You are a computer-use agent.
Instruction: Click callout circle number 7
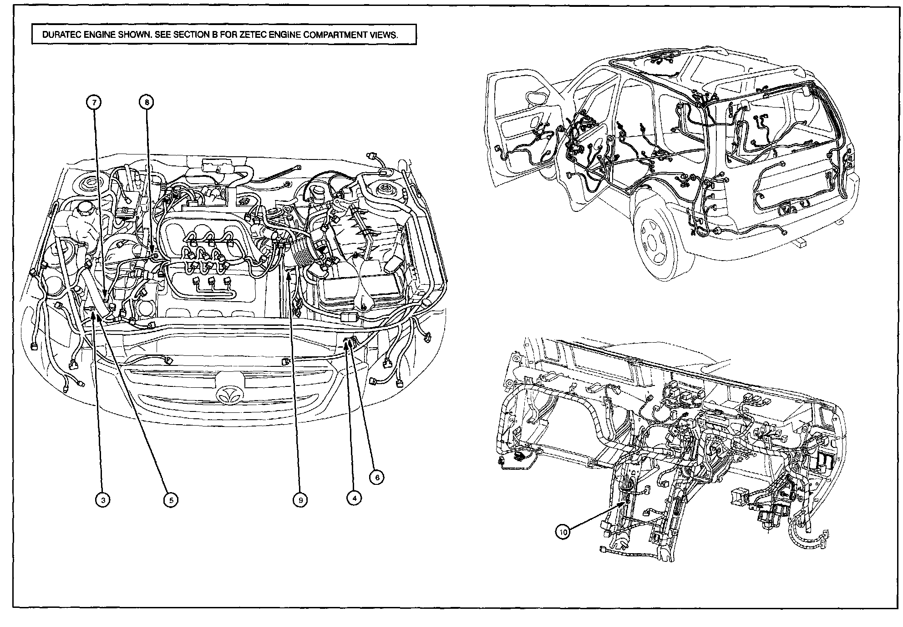[94, 103]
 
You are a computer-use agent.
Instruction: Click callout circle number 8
[147, 103]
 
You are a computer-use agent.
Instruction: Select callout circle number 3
[103, 500]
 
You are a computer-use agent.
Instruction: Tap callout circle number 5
[171, 500]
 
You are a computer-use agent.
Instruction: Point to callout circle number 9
[300, 500]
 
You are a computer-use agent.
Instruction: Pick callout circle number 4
[354, 498]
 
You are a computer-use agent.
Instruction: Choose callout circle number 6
[376, 477]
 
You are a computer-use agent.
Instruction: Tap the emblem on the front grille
[230, 395]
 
